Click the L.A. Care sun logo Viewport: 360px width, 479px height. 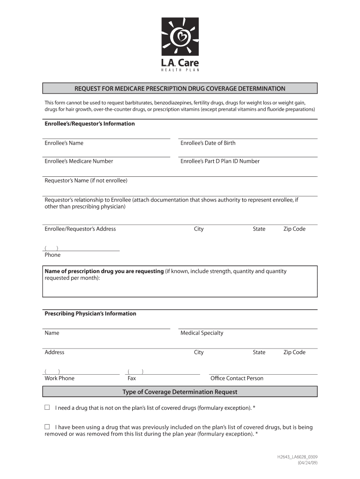click(x=180, y=36)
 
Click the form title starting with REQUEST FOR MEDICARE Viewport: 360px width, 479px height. click(x=180, y=88)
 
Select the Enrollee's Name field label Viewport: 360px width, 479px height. click(x=64, y=143)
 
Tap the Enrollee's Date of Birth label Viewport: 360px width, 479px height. click(x=208, y=143)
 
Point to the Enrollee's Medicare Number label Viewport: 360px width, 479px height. click(x=79, y=161)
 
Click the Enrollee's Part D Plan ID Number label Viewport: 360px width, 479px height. click(x=220, y=161)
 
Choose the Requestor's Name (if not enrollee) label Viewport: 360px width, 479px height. click(x=86, y=181)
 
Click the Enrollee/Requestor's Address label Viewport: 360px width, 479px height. click(x=80, y=229)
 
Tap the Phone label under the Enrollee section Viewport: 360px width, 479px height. click(x=52, y=255)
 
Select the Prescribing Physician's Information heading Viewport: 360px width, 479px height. click(x=90, y=314)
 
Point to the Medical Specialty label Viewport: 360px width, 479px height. click(x=202, y=333)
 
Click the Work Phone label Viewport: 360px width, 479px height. click(x=59, y=378)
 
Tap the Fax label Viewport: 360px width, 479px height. click(x=132, y=378)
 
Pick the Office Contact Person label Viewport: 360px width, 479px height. click(x=237, y=378)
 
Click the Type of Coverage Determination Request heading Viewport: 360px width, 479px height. click(x=180, y=392)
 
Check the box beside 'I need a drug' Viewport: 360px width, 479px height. click(x=47, y=407)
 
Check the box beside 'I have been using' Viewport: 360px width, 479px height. click(x=47, y=427)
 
